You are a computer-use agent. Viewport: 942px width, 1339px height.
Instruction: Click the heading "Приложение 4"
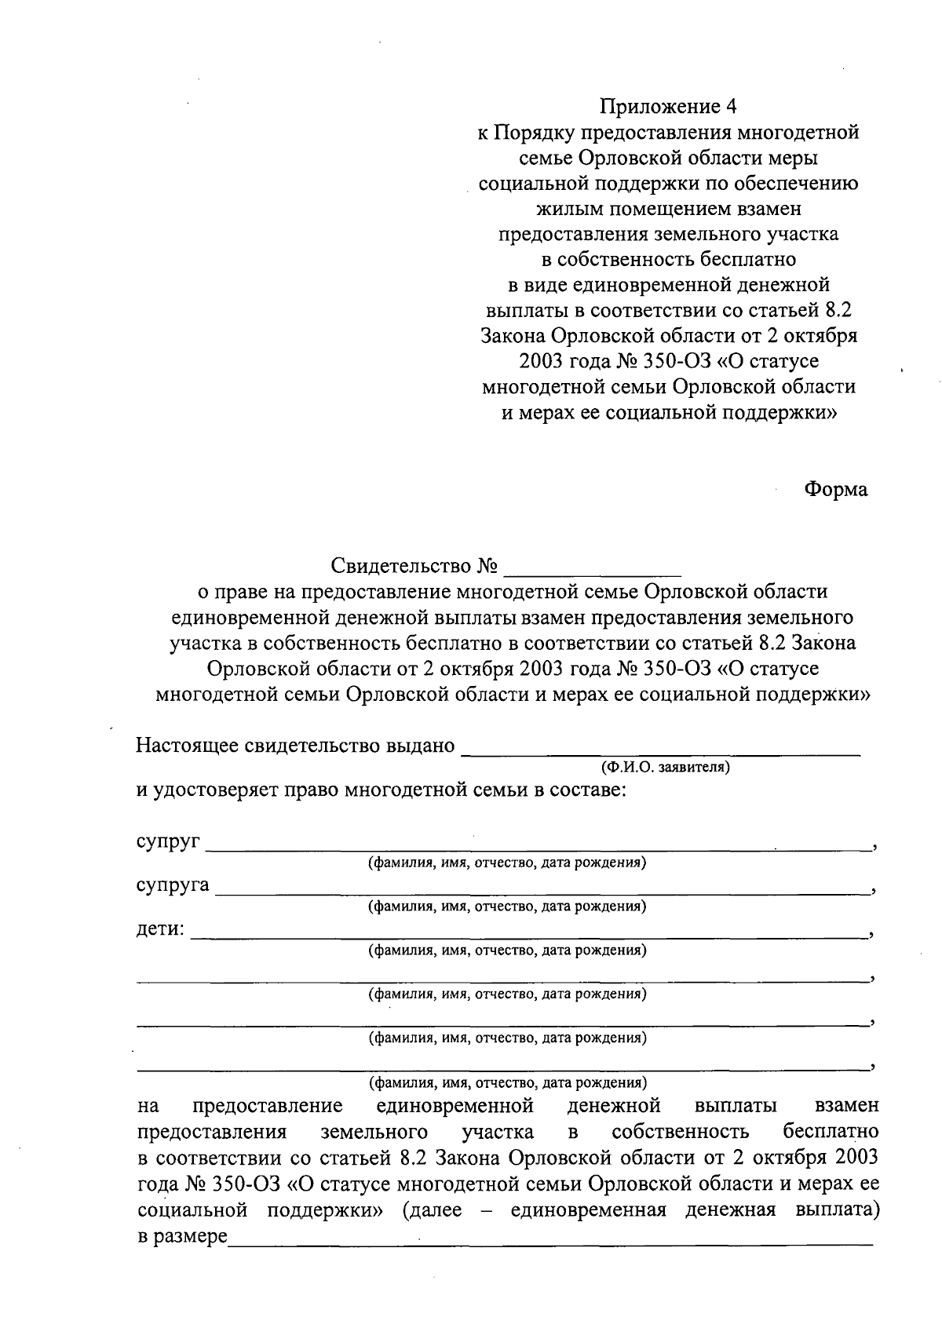pos(670,106)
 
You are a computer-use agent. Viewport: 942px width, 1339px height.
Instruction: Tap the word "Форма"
pos(835,490)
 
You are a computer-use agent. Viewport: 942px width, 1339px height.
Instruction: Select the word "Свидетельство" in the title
pos(401,566)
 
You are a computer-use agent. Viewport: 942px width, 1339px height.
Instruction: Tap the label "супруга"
pos(173,886)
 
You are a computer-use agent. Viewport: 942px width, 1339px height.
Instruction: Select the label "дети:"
pos(161,930)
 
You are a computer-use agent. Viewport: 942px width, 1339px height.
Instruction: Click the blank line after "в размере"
pos(549,1238)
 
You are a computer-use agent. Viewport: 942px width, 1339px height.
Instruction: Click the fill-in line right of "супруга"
pos(542,891)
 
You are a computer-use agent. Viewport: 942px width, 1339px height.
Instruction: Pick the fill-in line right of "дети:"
pos(530,935)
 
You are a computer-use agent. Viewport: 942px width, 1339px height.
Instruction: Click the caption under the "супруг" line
pos(508,863)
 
